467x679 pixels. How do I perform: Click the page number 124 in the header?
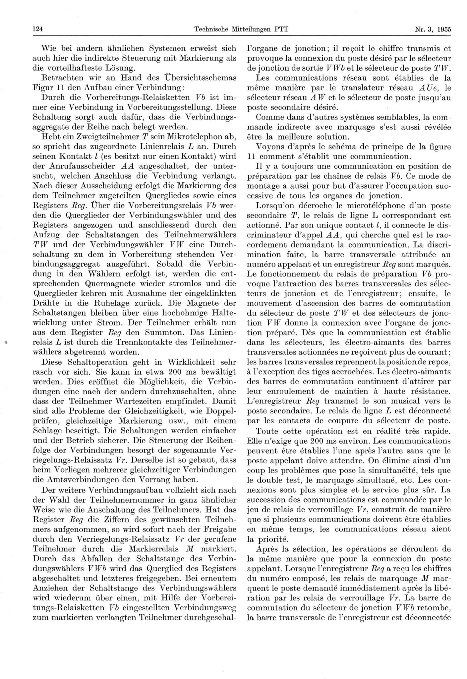pyautogui.click(x=38, y=29)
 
